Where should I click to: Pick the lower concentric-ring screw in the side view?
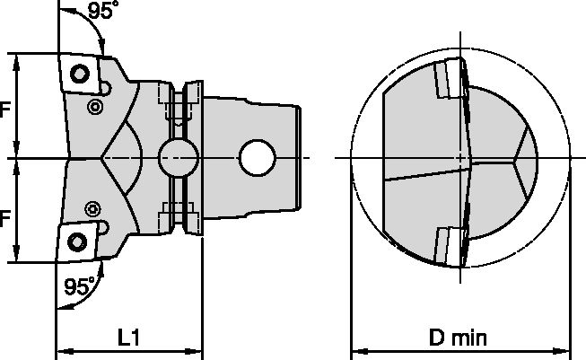(x=93, y=208)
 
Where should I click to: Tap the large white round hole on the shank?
(x=258, y=158)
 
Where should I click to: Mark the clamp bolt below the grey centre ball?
(x=179, y=212)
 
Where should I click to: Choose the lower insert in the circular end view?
(x=450, y=244)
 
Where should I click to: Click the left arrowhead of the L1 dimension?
(x=61, y=349)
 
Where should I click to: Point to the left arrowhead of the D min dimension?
(x=354, y=349)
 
